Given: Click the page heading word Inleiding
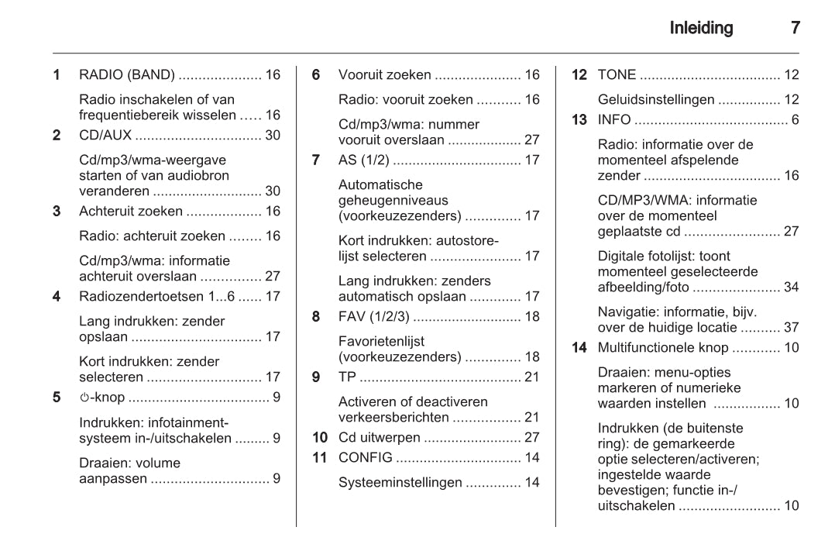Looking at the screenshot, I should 701,29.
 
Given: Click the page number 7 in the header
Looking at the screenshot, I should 794,29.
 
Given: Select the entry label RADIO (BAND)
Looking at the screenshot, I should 128,75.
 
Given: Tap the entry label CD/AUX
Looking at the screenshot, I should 105,136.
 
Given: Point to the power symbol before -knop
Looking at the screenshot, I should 84,398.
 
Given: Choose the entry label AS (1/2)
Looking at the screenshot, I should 363,160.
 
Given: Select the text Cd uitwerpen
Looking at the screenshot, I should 378,437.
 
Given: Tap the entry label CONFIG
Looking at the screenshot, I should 366,457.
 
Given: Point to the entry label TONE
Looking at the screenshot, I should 617,75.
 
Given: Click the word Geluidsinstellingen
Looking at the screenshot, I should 655,100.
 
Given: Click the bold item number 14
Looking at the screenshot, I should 579,348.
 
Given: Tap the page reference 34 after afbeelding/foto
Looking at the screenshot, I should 791,288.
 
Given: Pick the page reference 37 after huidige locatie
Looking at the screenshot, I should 791,328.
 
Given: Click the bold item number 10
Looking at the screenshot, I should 320,437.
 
